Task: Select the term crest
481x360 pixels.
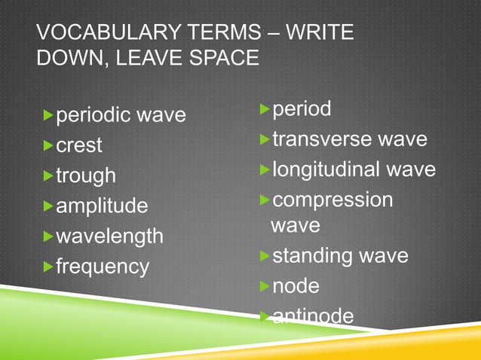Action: point(79,145)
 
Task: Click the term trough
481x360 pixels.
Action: point(86,175)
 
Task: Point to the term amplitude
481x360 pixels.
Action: point(102,206)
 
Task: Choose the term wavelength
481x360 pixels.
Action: point(109,236)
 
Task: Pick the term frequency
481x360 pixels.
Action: point(102,266)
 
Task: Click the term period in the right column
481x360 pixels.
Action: point(302,109)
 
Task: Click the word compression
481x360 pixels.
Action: point(332,200)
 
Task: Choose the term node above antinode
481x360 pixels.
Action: point(296,286)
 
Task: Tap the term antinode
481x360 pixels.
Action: point(312,316)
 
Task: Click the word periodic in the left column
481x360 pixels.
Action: point(93,114)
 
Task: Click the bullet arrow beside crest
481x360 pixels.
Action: point(49,144)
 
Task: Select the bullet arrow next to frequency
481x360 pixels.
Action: point(49,265)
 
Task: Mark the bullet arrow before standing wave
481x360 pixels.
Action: point(265,255)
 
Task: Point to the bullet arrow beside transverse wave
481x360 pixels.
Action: point(265,139)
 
